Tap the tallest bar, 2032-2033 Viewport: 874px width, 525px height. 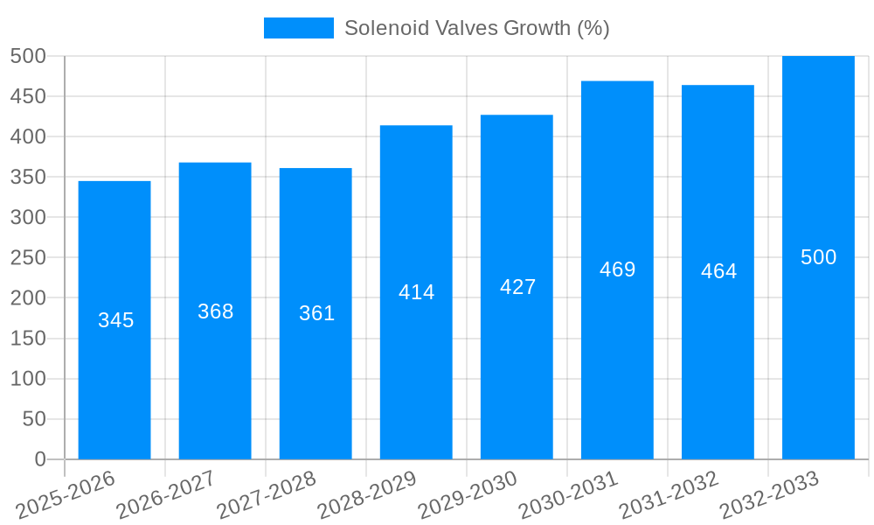[818, 350]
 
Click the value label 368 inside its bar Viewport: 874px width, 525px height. [215, 311]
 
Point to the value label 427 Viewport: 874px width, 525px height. [517, 287]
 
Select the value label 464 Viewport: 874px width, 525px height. [718, 271]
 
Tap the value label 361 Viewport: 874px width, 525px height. [316, 313]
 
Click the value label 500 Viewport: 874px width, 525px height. [818, 257]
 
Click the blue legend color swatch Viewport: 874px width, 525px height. [298, 28]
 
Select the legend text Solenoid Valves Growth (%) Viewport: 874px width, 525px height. [476, 28]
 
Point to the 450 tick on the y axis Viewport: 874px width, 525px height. [28, 96]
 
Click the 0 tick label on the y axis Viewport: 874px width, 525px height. [39, 459]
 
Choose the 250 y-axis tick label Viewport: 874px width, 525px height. [28, 257]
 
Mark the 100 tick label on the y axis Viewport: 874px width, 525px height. [28, 379]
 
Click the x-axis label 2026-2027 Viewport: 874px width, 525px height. [166, 494]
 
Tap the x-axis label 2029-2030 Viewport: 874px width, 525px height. [468, 494]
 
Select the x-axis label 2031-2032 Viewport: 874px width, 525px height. [669, 494]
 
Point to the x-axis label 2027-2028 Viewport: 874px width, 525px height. [267, 494]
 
